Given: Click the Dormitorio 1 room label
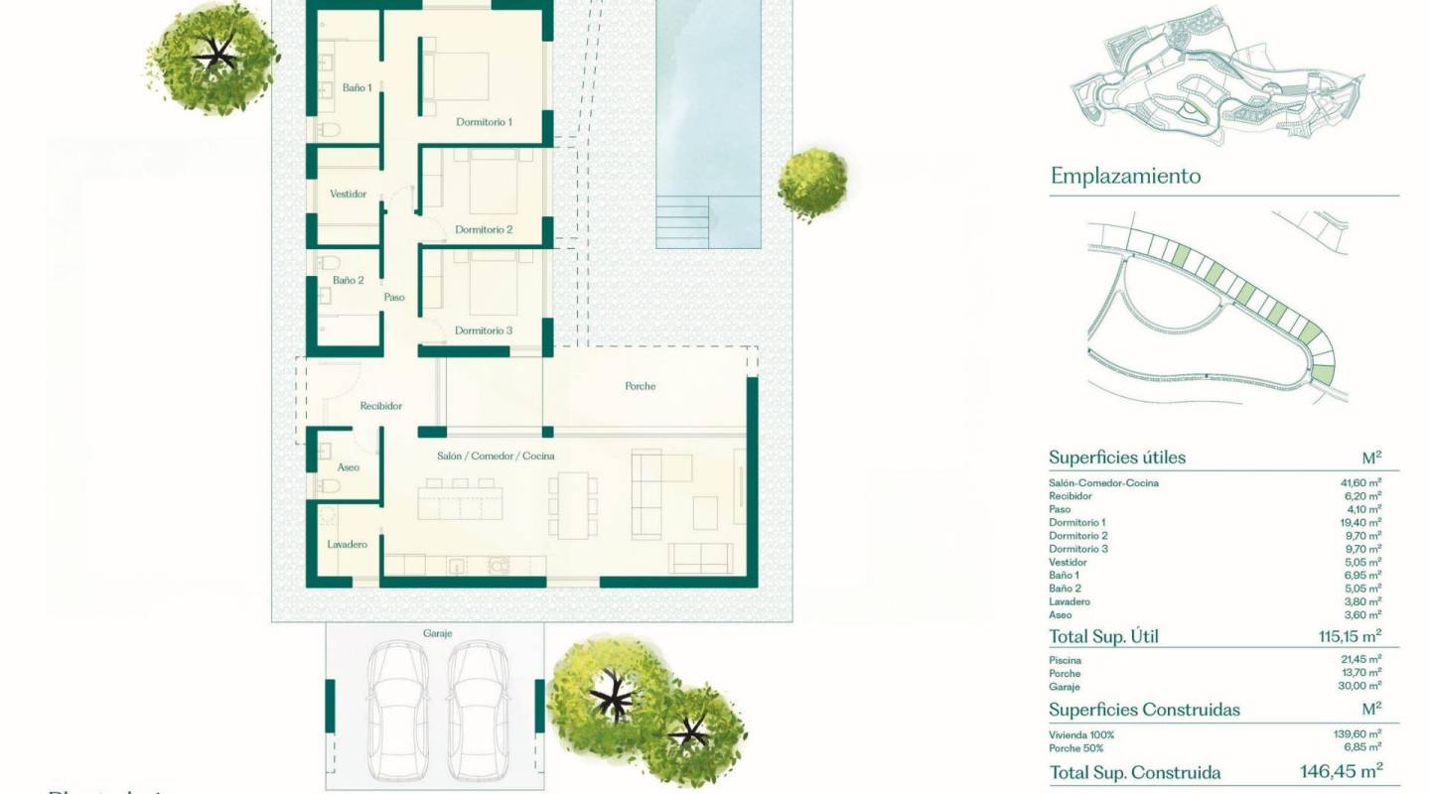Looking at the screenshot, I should (x=484, y=122).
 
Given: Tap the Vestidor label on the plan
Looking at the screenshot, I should (x=348, y=194).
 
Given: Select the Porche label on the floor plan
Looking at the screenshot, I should (x=641, y=386).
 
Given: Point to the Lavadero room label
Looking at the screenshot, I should (x=348, y=544).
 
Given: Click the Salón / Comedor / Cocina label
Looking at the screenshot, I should (x=496, y=456).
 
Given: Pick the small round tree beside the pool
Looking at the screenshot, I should (x=812, y=183).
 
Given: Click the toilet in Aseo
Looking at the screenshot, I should (x=329, y=485).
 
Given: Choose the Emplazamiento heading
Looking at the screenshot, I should (x=1125, y=177).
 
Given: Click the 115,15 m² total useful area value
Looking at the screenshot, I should (x=1344, y=637).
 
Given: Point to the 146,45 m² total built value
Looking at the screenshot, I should (x=1341, y=771).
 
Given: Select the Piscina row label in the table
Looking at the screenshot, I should (x=1066, y=660).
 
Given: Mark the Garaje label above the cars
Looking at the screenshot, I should (x=437, y=632).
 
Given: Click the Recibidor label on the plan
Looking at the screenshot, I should (x=381, y=406).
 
